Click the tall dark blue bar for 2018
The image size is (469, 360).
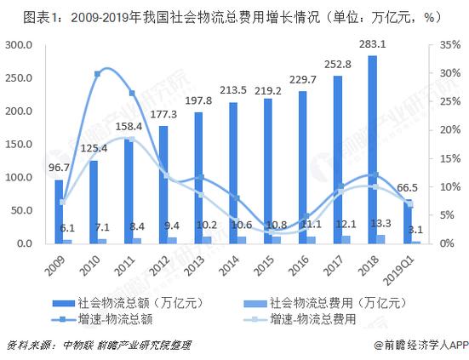[x=371, y=149]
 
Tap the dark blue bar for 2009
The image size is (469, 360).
[x=59, y=211]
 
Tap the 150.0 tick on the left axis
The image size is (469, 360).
[x=18, y=144]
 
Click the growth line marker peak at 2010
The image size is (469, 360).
[x=97, y=74]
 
